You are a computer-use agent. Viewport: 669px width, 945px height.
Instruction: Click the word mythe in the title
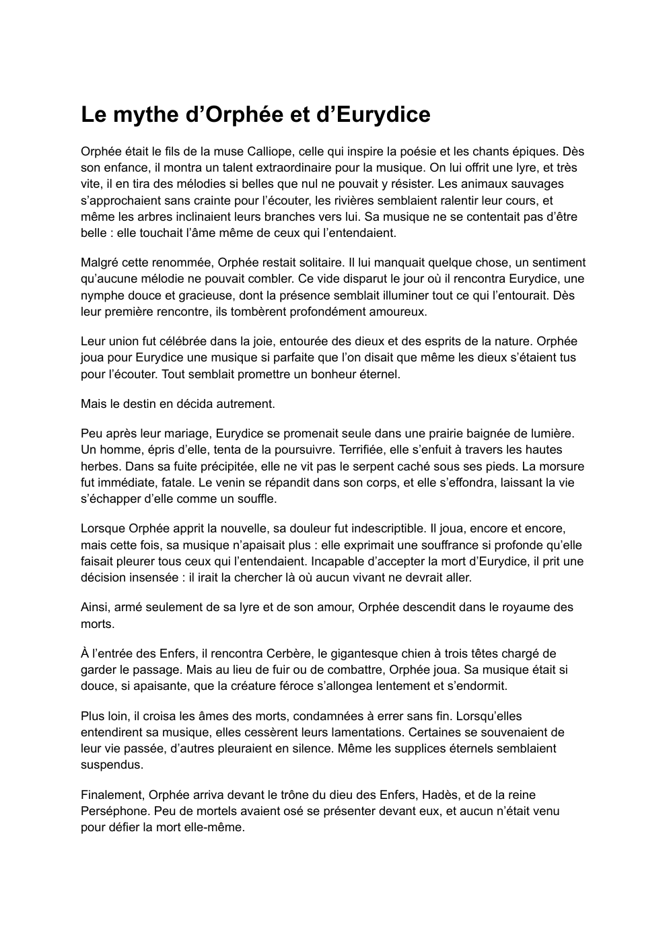point(142,115)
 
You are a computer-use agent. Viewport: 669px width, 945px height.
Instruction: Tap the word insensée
point(157,577)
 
